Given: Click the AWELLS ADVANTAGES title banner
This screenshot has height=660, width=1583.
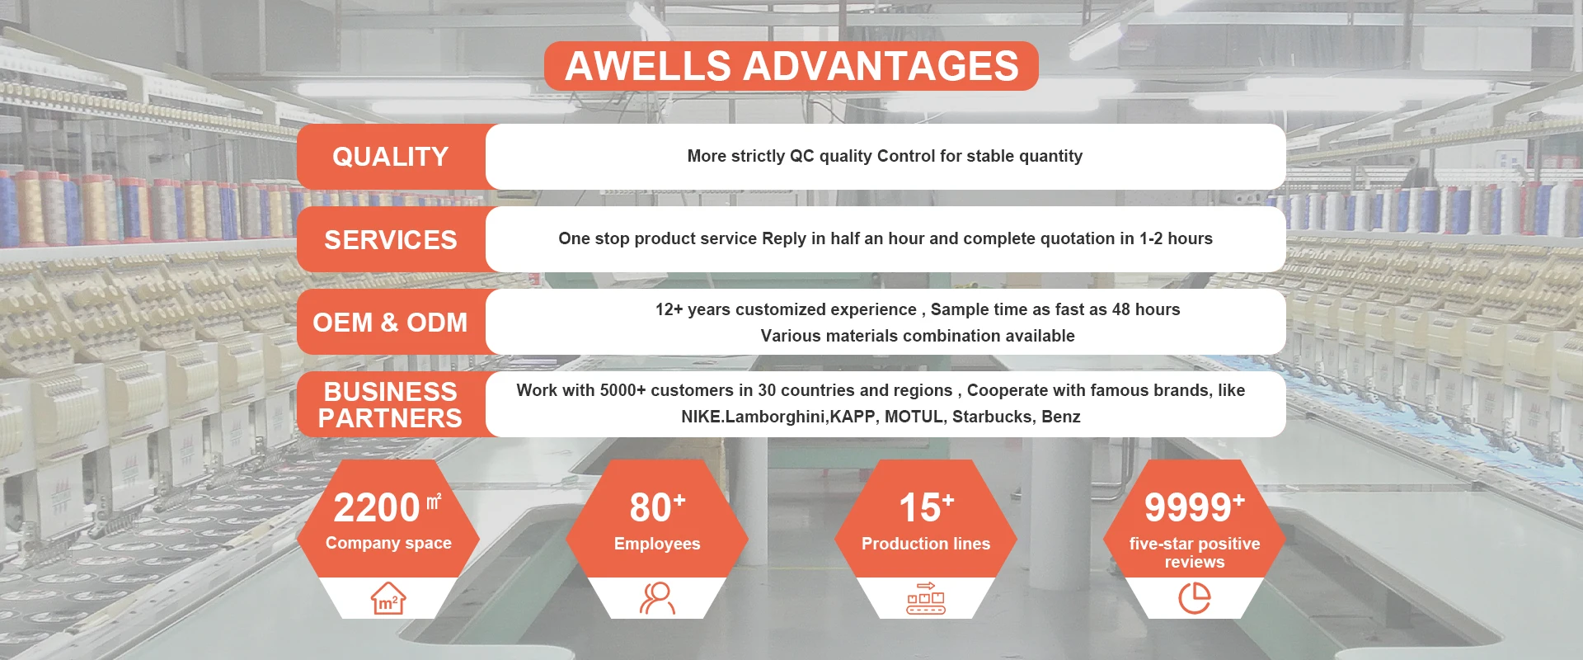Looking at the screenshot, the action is pos(791,66).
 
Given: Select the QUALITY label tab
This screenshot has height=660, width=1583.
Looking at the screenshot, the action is pos(391,157).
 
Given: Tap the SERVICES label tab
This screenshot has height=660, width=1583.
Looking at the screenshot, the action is pos(391,239).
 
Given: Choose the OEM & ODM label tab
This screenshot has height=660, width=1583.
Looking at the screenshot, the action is pos(391,322).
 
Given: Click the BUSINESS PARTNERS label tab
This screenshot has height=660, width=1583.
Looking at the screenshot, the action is pos(391,404).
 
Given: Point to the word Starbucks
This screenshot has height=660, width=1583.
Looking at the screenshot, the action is pos(990,417).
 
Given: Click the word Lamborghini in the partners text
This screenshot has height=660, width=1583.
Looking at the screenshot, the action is pos(776,417).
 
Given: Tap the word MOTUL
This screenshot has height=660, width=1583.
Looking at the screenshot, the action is pos(914,417).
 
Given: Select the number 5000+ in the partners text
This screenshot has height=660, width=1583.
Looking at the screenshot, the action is pos(622,390).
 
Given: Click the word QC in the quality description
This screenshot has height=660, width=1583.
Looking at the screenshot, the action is pos(801,156).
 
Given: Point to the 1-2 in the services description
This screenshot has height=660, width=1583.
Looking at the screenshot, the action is pos(1151,238).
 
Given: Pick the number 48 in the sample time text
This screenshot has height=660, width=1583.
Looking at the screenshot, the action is pos(1121,309).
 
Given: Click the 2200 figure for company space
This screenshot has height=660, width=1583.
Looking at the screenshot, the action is pos(377,507).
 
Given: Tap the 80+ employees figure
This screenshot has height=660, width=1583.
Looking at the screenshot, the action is pos(657,507).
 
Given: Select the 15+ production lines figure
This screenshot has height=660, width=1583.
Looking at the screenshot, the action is pos(926,507).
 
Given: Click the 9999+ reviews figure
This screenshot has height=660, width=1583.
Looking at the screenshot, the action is pos(1194,507).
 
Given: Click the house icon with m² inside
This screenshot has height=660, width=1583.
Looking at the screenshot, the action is pos(388,598).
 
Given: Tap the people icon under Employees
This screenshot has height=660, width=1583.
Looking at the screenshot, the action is pos(657,598).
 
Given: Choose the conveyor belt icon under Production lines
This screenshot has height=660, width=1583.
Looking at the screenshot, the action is pos(926,598).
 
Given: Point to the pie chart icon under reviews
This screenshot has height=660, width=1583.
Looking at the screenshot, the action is pos(1195,598).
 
